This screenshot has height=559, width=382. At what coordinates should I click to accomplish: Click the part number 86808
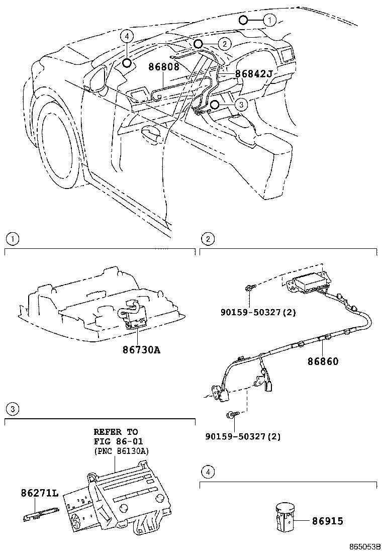tap(164, 66)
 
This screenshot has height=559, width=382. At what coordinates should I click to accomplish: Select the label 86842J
tap(254, 74)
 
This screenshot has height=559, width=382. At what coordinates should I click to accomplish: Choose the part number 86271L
tap(40, 493)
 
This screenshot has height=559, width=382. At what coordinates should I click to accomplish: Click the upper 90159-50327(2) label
tap(258, 312)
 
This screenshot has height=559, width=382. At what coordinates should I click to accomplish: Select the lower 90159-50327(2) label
tap(243, 436)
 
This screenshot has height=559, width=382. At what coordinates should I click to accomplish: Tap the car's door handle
tap(151, 134)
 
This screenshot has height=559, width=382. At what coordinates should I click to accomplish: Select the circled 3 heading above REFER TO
tap(12, 409)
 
